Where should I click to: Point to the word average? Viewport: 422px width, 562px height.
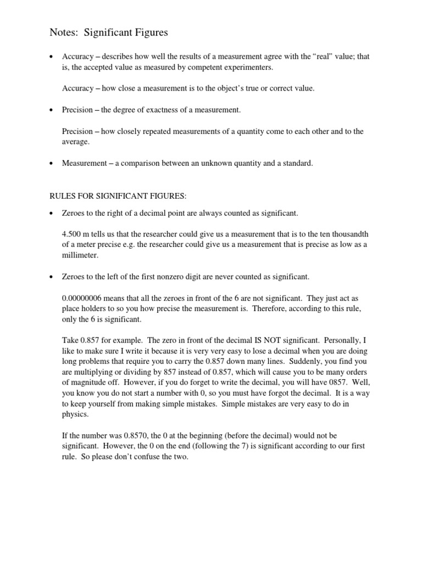75,141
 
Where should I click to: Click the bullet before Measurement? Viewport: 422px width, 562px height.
51,164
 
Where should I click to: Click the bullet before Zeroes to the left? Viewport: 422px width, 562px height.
51,277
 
